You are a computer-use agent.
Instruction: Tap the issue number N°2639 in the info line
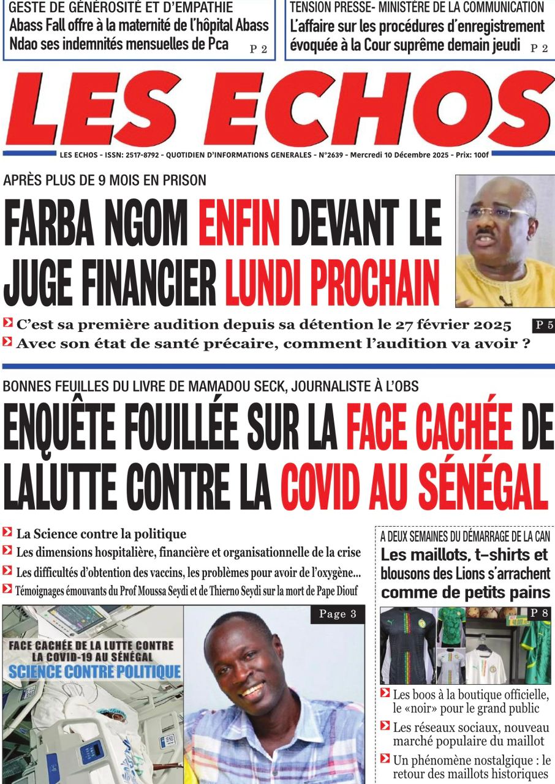[331, 156]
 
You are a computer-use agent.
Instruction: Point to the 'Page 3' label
[337, 614]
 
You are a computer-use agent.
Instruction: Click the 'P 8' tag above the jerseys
[539, 613]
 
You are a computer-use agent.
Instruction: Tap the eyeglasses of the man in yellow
[497, 213]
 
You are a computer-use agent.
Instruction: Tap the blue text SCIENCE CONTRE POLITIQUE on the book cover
[94, 671]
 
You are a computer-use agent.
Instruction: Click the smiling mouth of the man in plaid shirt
[252, 691]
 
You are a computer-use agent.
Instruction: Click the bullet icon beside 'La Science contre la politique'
[7, 533]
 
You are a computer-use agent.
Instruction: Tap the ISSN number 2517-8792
[138, 156]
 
